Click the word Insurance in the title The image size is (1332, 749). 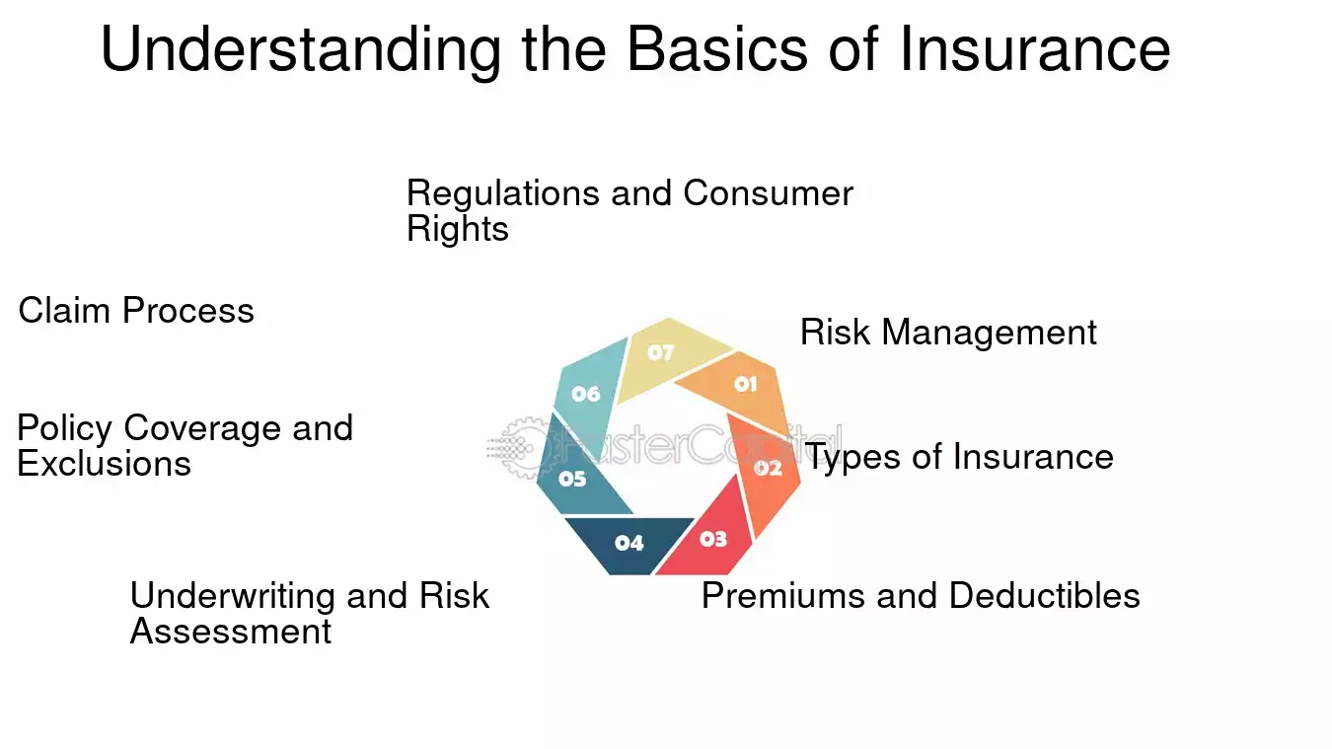coord(1035,48)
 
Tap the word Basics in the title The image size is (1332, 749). coord(717,48)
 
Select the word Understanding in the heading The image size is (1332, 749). coord(301,51)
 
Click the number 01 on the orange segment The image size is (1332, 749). coord(746,384)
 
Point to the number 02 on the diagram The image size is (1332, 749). coord(768,468)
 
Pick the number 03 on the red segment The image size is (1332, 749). coord(713,539)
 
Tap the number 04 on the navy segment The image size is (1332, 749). coord(629,543)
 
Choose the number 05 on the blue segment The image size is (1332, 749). coord(572,479)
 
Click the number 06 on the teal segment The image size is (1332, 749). coord(586,393)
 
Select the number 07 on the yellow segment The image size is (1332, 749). coord(661,352)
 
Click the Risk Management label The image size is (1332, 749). coord(948,333)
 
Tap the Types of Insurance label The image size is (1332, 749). coord(959,458)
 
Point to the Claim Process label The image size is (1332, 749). coord(136,311)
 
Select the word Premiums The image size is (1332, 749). coord(783,595)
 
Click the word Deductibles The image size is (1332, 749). coord(1044,595)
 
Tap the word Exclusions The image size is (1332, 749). coord(104,464)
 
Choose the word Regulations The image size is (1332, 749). coord(503,194)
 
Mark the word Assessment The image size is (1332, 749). coord(231,631)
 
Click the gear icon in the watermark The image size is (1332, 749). coord(523,447)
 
